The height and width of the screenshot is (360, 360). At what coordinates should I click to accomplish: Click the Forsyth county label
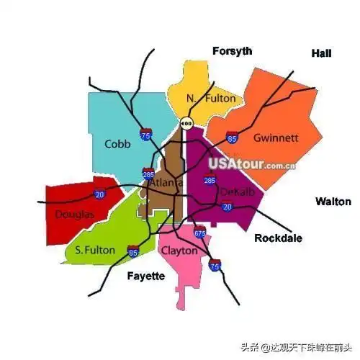(x=232, y=50)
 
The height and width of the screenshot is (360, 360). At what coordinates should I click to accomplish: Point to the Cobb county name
(x=117, y=143)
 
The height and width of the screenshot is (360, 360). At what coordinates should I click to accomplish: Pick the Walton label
(x=333, y=201)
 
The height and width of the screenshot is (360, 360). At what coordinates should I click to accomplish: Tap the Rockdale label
(x=278, y=238)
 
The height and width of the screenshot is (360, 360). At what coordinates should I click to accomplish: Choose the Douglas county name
(x=74, y=215)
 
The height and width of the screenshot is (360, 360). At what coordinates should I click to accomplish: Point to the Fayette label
(x=146, y=276)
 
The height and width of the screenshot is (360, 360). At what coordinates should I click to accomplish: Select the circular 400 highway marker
(x=186, y=124)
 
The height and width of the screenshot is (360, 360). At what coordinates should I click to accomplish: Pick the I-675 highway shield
(x=199, y=233)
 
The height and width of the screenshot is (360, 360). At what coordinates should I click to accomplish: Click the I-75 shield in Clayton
(x=214, y=265)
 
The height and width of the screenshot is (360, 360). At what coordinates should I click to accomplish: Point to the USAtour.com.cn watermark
(x=252, y=163)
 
